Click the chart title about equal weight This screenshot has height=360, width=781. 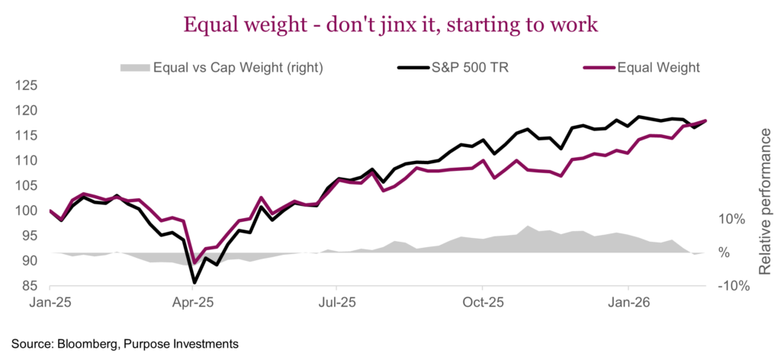click(x=390, y=25)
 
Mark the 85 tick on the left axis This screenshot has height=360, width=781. click(x=29, y=286)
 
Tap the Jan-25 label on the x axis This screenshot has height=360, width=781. click(x=50, y=302)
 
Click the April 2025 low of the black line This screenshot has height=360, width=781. click(x=194, y=282)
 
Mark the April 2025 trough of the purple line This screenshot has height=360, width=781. click(x=194, y=262)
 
